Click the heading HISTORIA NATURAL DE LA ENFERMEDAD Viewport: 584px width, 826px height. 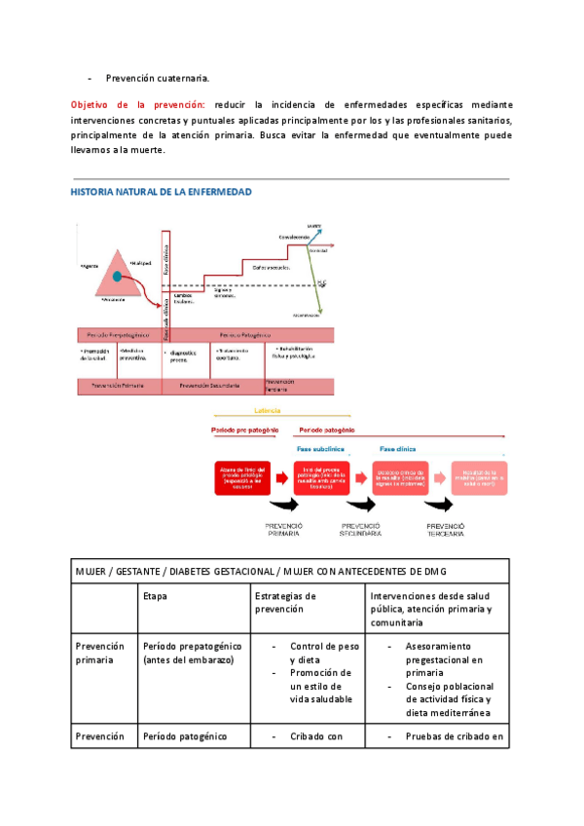161,193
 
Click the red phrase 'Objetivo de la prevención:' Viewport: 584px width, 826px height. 137,104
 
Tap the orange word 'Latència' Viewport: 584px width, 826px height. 267,410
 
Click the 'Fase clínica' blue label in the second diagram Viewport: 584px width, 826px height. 399,450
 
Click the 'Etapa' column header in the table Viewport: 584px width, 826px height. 156,595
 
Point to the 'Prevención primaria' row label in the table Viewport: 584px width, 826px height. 100,653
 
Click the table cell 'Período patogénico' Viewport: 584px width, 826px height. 185,736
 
